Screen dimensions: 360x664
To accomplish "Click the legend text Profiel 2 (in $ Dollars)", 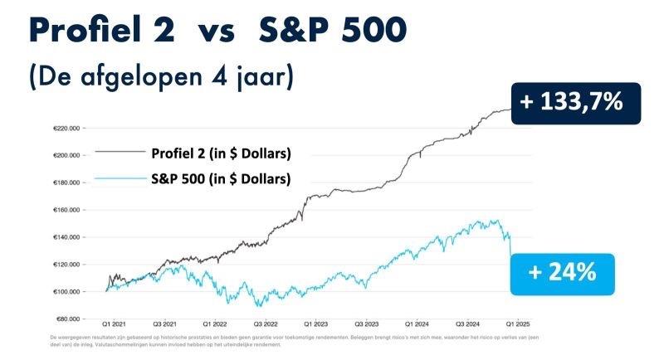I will click(221, 153).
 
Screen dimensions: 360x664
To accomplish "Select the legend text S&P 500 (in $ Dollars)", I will click(221, 178).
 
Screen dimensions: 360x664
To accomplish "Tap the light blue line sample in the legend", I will click(118, 178).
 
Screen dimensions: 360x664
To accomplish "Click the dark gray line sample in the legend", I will click(118, 153).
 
